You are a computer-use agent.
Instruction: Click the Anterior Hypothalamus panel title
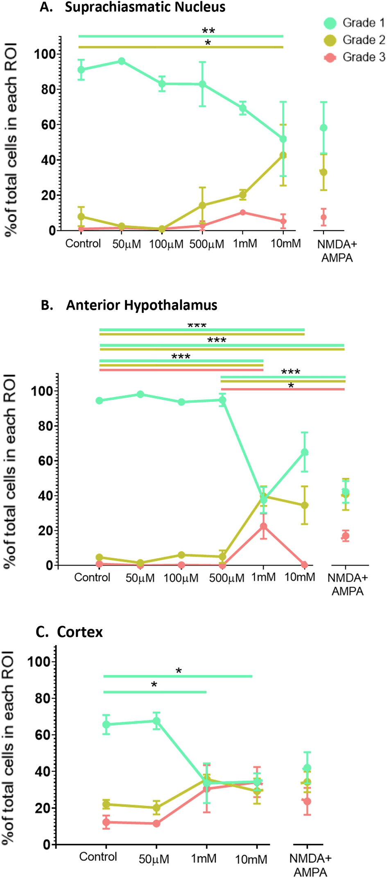[141, 305]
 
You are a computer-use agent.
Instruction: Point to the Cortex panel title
[80, 632]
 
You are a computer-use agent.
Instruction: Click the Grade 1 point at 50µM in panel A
[122, 61]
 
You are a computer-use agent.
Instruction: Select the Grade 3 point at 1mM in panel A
[243, 212]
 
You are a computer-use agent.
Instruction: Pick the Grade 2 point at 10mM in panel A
[283, 155]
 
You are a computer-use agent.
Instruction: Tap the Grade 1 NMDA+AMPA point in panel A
[324, 128]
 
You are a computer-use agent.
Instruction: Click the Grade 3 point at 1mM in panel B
[263, 526]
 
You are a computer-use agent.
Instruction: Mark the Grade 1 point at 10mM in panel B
[305, 452]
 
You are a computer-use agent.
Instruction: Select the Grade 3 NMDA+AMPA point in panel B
[346, 536]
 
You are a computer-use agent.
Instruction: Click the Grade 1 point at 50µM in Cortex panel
[156, 721]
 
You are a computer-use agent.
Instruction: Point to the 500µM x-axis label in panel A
[207, 244]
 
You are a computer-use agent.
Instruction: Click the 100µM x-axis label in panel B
[181, 578]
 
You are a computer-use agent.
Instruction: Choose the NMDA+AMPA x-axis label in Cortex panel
[310, 865]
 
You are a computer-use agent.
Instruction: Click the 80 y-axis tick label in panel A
[49, 89]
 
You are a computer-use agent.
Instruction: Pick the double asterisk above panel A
[208, 31]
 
